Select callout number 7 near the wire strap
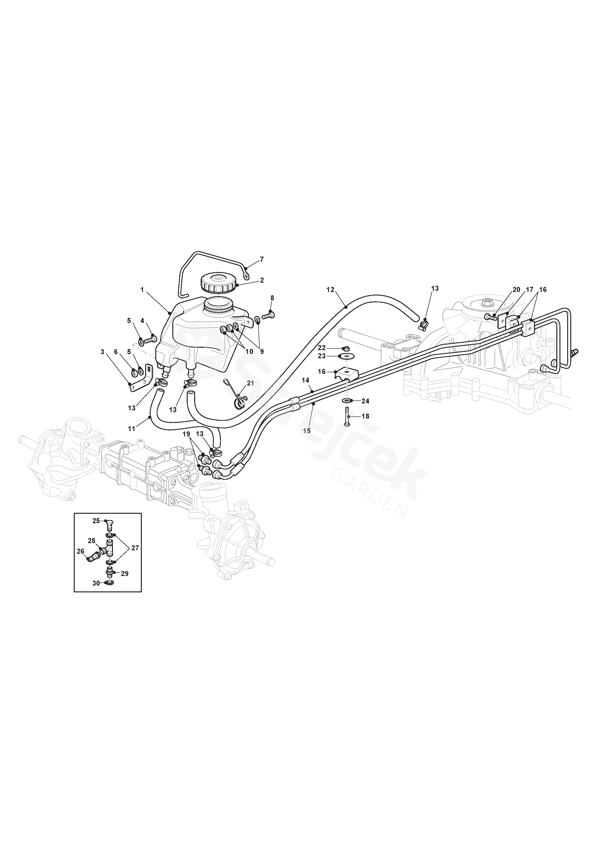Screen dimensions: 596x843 coord(262,259)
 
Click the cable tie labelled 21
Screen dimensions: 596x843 coord(238,396)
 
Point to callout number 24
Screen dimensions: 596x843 coord(365,401)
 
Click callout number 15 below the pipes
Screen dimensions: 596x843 coord(307,431)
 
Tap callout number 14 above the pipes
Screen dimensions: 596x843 coord(306,380)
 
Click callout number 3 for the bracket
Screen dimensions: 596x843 coord(102,352)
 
